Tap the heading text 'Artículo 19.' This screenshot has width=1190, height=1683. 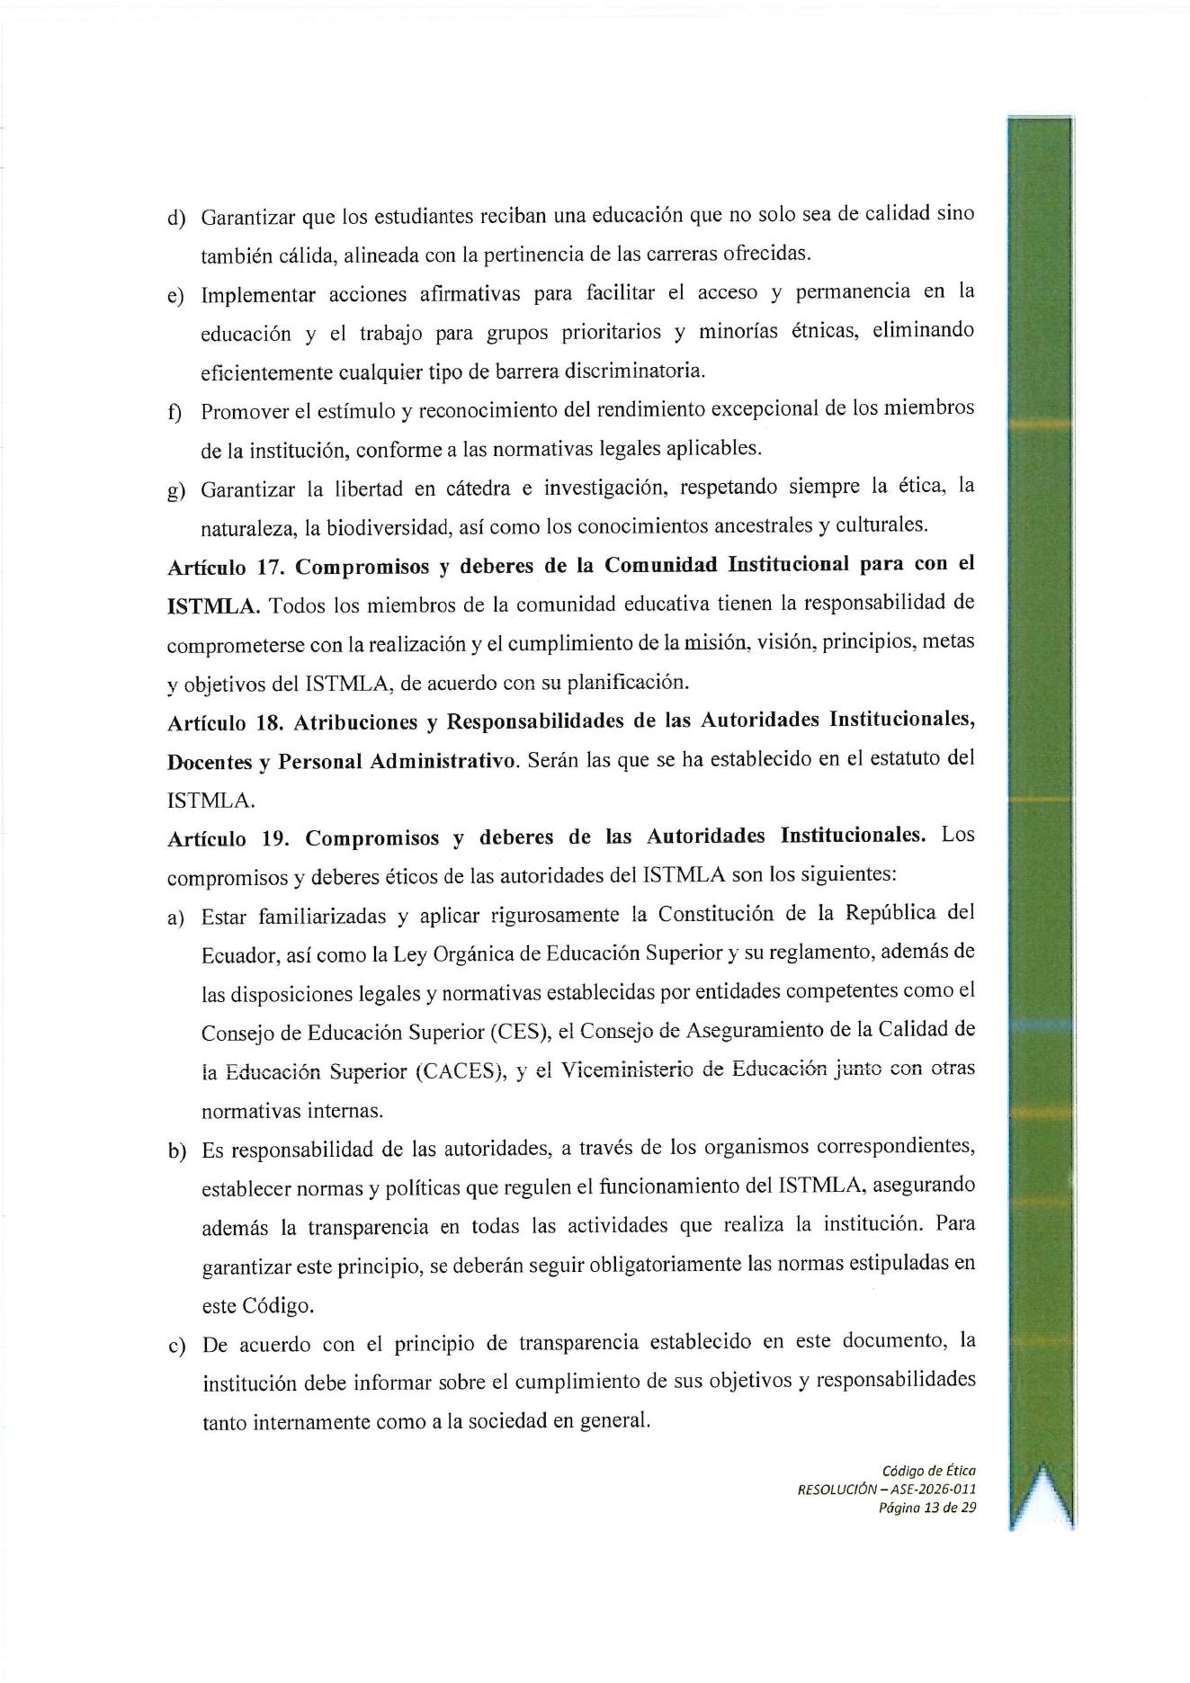(225, 838)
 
